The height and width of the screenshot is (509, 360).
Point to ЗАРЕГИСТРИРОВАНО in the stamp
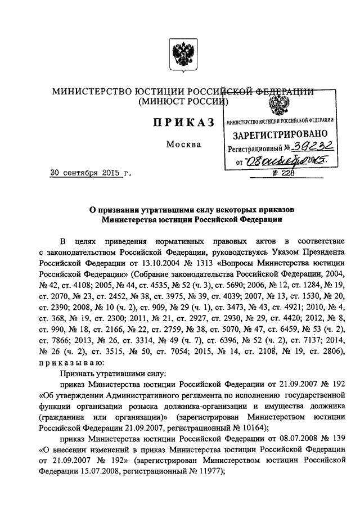click(x=280, y=135)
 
